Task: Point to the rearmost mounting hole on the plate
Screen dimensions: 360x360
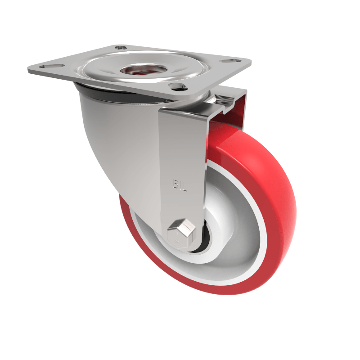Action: pos(120,47)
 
